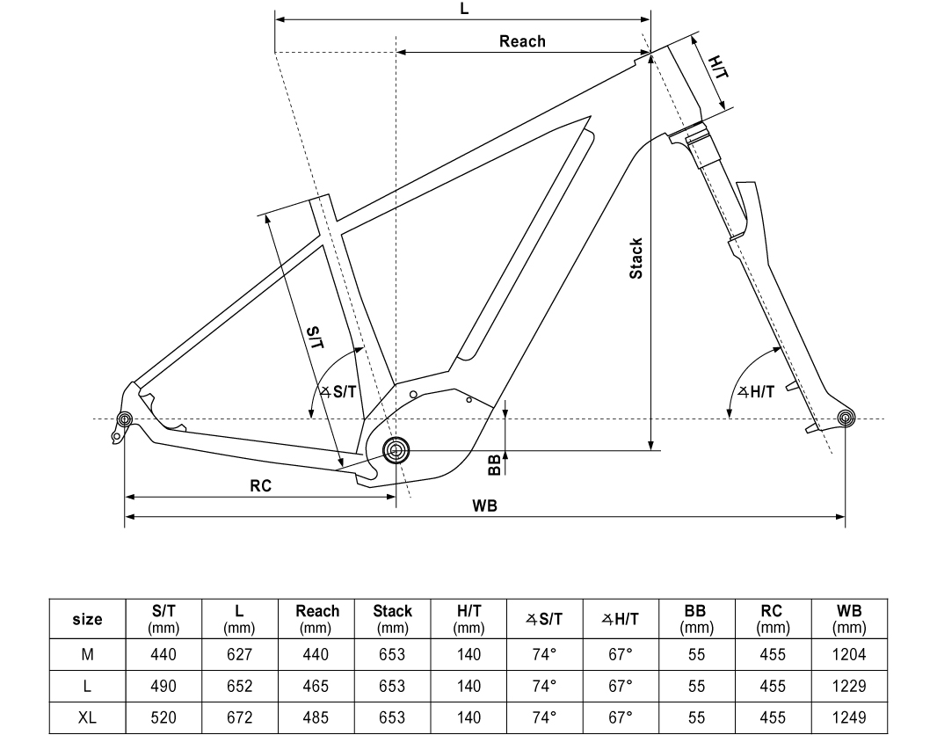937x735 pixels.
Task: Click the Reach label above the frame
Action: point(522,41)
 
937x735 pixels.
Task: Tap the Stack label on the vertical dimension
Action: point(636,258)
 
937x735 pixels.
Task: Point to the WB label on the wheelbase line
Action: point(484,506)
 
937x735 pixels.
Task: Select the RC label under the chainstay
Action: point(260,486)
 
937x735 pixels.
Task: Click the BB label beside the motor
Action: point(494,465)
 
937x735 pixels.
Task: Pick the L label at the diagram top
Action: point(464,9)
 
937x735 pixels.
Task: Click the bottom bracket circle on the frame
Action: point(396,449)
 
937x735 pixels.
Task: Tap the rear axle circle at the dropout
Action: point(124,418)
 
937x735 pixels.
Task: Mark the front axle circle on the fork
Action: point(846,418)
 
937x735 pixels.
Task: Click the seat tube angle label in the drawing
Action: point(338,392)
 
